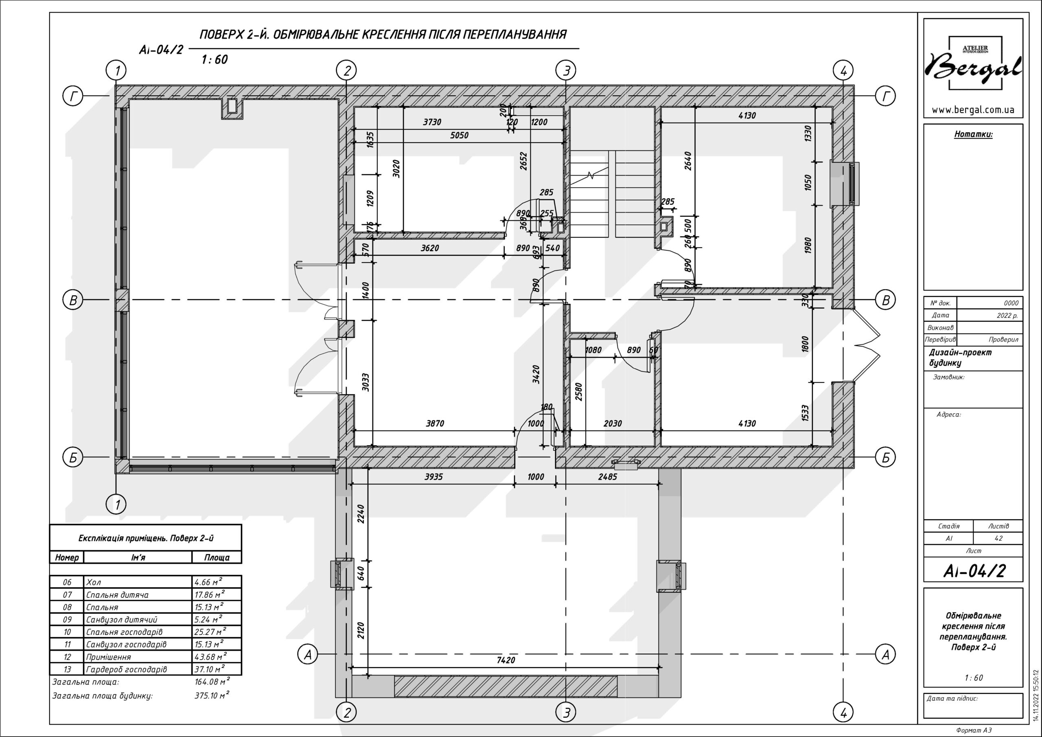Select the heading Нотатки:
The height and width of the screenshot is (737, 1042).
(x=973, y=134)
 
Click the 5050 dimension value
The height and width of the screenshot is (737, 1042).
(x=459, y=135)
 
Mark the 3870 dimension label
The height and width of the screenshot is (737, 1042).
(x=435, y=423)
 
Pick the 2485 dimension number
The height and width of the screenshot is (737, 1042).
(x=607, y=477)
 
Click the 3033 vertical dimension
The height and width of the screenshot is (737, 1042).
(x=366, y=382)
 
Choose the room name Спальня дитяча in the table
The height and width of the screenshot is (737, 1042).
(x=117, y=595)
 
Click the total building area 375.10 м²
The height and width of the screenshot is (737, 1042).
(x=212, y=695)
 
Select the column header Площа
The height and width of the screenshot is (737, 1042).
(x=217, y=557)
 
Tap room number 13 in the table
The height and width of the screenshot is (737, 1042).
(x=67, y=669)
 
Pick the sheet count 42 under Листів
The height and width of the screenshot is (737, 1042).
(x=998, y=539)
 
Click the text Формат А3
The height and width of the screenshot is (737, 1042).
(x=974, y=730)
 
